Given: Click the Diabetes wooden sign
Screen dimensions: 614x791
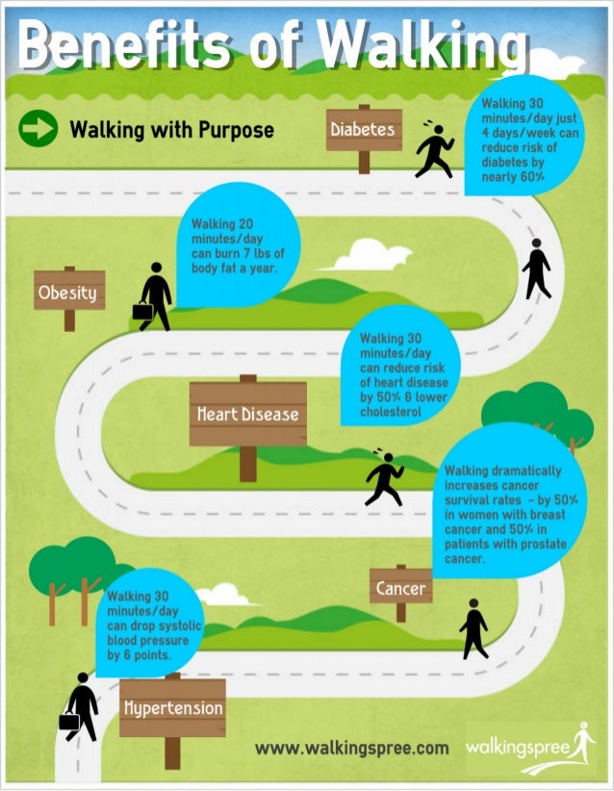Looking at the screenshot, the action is (x=363, y=130).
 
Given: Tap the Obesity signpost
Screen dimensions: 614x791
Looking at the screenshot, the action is (x=68, y=292).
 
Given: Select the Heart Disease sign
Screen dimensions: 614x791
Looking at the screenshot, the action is (x=247, y=415).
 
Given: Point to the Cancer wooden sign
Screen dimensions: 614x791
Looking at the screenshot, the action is (x=400, y=588).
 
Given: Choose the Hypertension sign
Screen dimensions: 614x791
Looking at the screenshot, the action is (x=172, y=708).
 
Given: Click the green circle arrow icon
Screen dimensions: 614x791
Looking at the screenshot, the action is (x=38, y=129).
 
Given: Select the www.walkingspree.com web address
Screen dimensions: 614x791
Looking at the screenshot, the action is (x=351, y=747).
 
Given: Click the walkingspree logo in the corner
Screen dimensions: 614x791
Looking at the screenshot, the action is (x=530, y=747).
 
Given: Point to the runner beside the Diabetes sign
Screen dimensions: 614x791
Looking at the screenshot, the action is (x=435, y=150).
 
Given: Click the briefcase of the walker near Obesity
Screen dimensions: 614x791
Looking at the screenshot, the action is (x=142, y=311).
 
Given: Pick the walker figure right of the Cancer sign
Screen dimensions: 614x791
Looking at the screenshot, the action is (x=473, y=628).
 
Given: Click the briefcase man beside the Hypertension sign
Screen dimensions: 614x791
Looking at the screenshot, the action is (x=81, y=706).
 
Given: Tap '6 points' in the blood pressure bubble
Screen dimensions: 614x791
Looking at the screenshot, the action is (x=145, y=654).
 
